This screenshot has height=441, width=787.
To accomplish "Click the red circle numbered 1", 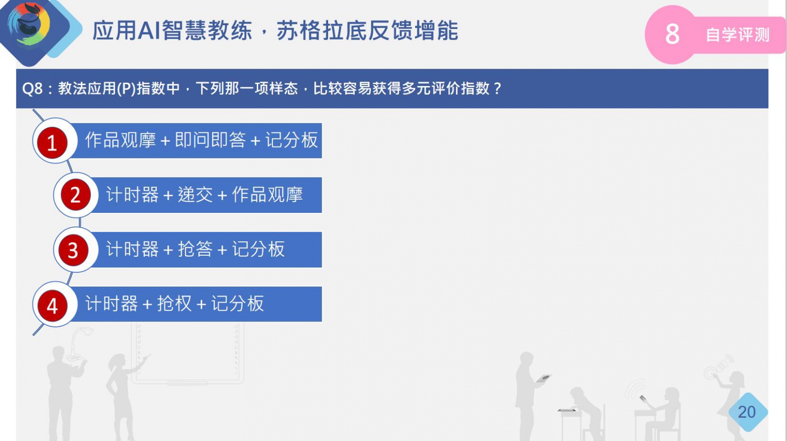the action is [52, 143].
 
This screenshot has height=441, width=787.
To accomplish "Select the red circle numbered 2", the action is [76, 195].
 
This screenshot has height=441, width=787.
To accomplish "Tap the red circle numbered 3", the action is [73, 250].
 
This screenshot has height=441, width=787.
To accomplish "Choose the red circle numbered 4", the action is [52, 305].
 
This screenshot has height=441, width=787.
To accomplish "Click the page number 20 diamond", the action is [747, 412].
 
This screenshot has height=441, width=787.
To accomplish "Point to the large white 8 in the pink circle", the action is [672, 34].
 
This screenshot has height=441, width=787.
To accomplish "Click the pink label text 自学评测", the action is [737, 35].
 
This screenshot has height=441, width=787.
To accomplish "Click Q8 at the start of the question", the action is [32, 88].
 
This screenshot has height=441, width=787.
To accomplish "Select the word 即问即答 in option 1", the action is [210, 140].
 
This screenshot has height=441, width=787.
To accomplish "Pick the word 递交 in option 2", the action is [195, 195].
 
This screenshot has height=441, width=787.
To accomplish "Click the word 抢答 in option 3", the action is [195, 249].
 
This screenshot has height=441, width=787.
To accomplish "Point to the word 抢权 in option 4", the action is [174, 303].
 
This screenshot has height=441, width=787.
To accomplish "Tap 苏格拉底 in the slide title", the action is [322, 30].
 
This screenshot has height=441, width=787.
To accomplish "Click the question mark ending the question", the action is [497, 88].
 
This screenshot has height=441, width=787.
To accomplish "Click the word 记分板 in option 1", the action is [291, 140].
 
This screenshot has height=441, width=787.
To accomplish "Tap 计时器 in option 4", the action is [111, 303].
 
